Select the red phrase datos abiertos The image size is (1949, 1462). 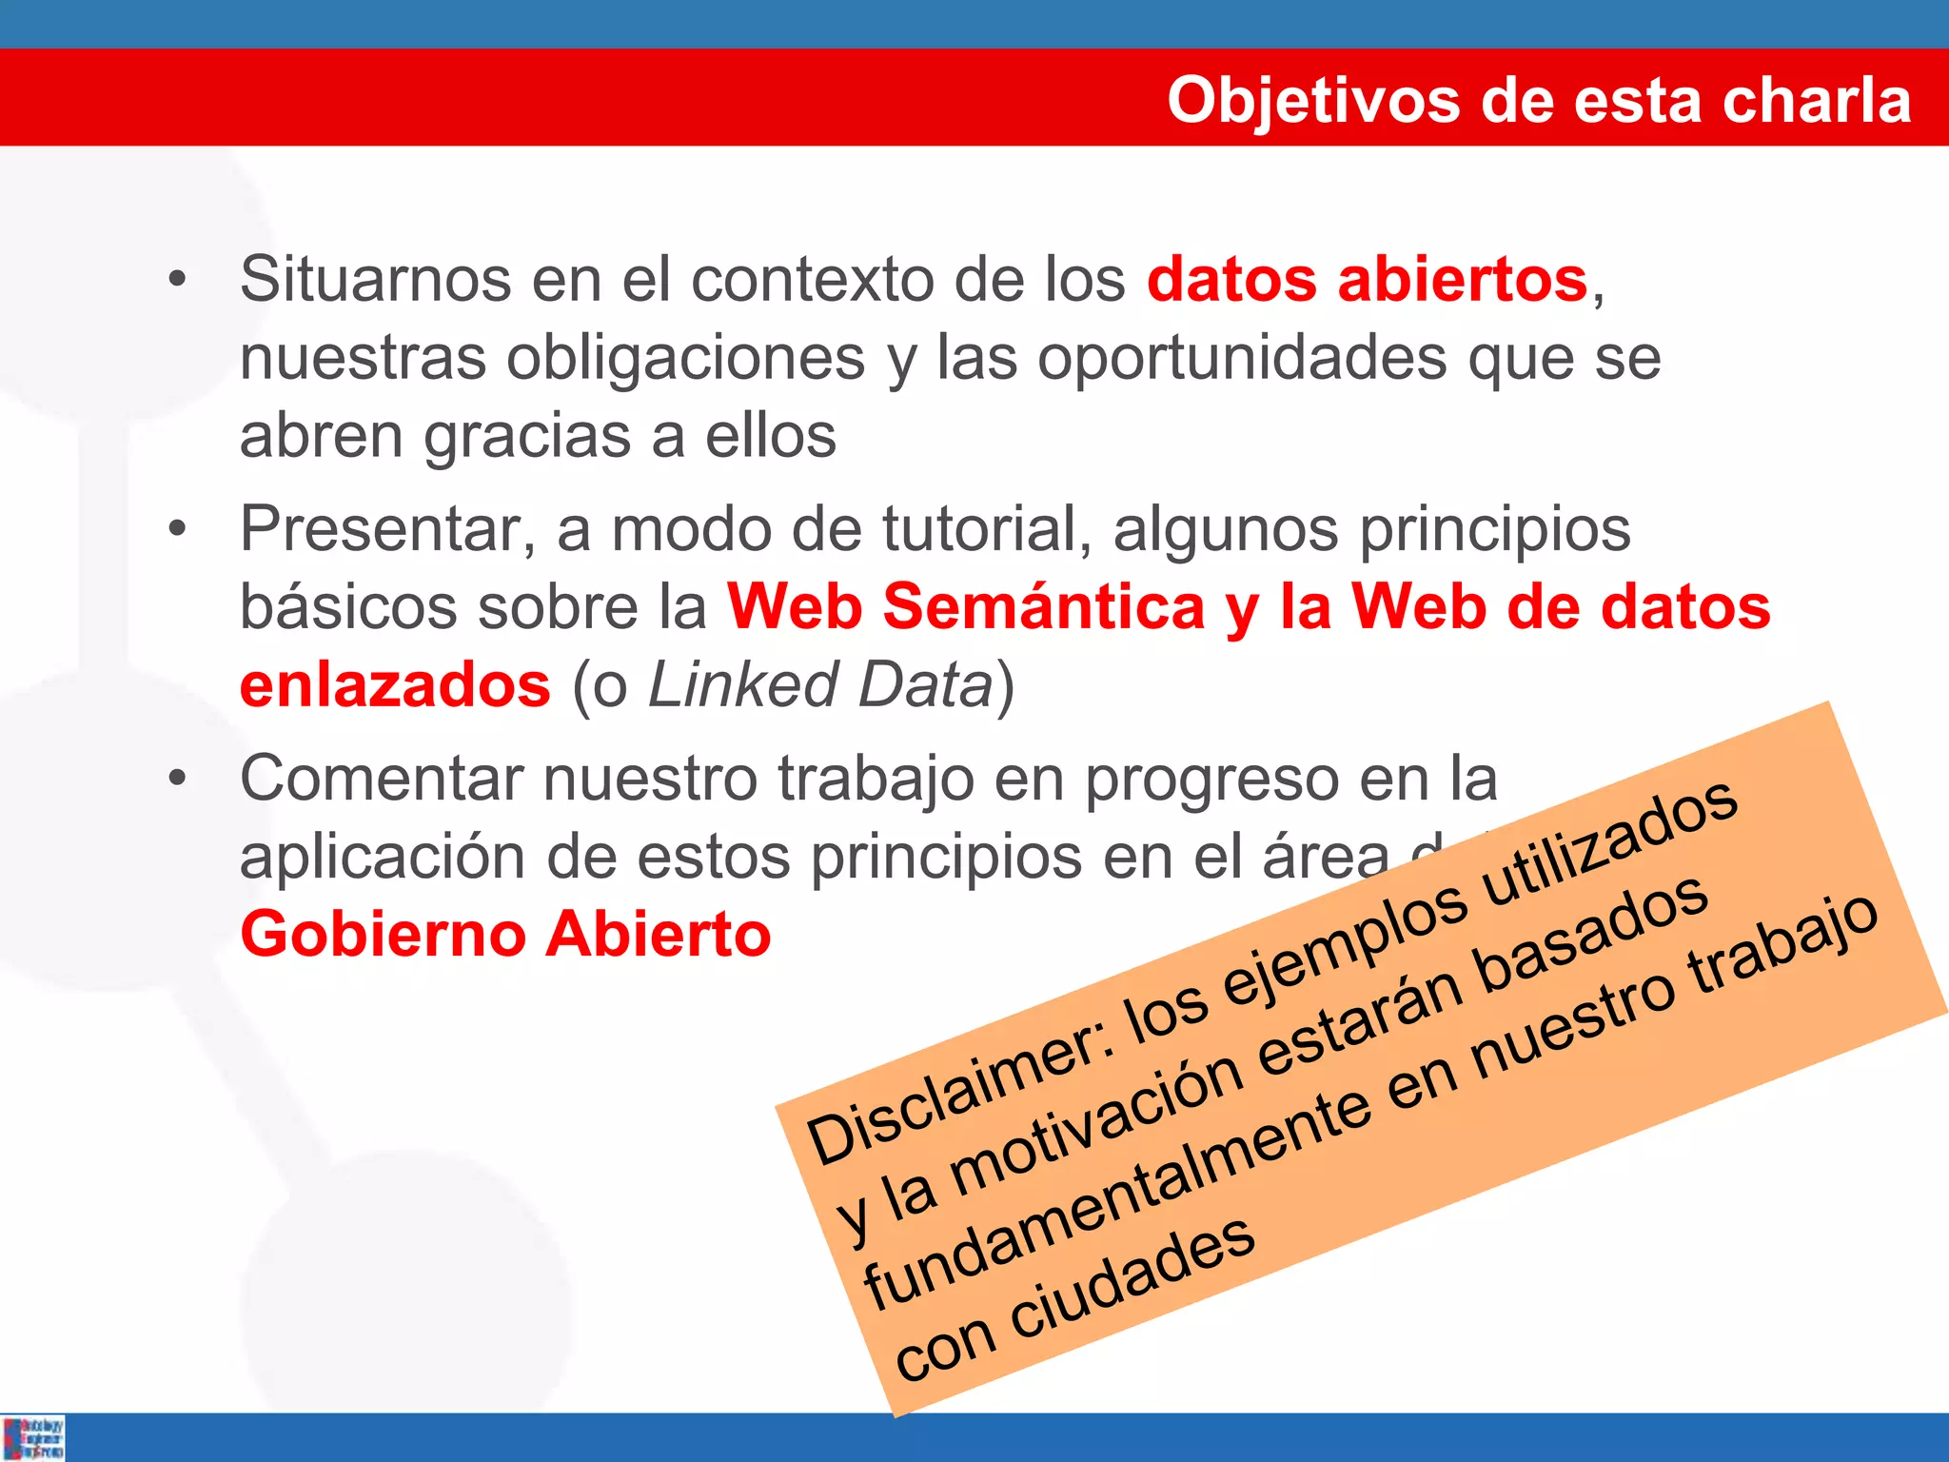pyautogui.click(x=1367, y=280)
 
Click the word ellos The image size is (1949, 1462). pyautogui.click(x=770, y=436)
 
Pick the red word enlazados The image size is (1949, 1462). pyautogui.click(x=395, y=685)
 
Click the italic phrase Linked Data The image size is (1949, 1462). pyautogui.click(x=820, y=685)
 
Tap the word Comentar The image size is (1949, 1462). pyautogui.click(x=381, y=779)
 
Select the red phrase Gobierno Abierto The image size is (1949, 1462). pyautogui.click(x=505, y=935)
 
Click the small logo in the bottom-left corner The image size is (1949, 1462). pyautogui.click(x=33, y=1437)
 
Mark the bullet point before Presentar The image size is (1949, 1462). pyautogui.click(x=177, y=529)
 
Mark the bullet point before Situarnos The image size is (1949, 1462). pyautogui.click(x=177, y=280)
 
